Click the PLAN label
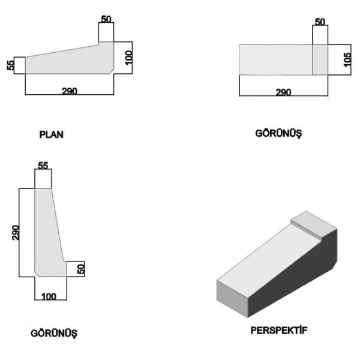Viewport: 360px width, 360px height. point(51,134)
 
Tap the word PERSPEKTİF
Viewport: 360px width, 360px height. point(279,331)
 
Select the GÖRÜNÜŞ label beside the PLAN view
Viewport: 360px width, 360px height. point(279,133)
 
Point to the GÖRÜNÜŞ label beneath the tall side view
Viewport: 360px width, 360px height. point(54,334)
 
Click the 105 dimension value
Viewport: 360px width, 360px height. point(347,59)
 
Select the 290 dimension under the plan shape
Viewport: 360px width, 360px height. point(70,91)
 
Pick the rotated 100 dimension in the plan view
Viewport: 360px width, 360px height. point(129,58)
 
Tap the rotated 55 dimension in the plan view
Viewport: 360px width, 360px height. point(11,65)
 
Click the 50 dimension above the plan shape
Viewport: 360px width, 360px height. point(106,19)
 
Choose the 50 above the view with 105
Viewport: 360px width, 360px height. point(320,22)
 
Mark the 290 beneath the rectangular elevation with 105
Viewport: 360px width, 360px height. point(284,92)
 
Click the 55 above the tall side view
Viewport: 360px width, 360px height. point(43,166)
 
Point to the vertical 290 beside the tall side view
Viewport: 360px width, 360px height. point(16,233)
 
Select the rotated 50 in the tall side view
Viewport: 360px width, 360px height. point(81,269)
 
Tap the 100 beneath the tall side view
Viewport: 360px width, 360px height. point(49,296)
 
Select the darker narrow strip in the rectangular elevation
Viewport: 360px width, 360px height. point(320,59)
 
